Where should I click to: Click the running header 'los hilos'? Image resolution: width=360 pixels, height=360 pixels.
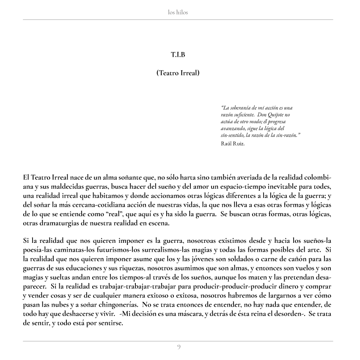pos(178,12)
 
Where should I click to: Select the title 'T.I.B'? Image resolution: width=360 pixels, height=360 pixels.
pos(178,55)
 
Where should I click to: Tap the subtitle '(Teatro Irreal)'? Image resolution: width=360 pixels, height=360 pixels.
pos(178,73)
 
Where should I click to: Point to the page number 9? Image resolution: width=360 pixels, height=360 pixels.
pos(179,347)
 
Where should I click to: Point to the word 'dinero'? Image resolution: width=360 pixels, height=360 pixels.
pos(286,287)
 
